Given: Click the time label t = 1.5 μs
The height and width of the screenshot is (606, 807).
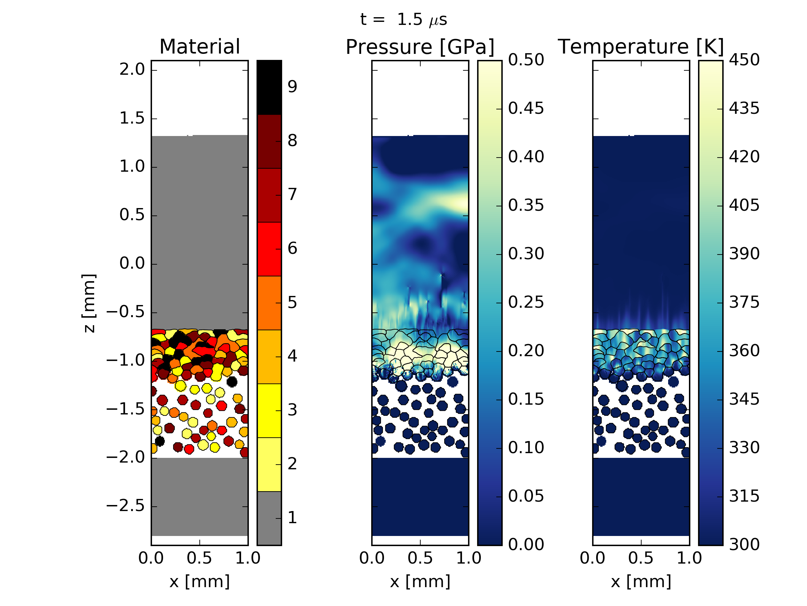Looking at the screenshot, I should click(403, 20).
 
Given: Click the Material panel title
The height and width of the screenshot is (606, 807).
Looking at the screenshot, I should click(199, 47).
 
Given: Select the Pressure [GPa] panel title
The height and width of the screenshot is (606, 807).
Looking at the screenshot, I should click(420, 47).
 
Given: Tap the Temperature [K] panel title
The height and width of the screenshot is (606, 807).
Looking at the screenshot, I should click(641, 47).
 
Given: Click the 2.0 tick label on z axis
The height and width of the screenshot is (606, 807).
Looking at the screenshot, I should click(132, 69).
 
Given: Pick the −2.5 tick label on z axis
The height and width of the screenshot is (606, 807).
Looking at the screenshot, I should click(125, 506).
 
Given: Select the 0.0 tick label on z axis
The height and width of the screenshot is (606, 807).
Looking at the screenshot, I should click(132, 263).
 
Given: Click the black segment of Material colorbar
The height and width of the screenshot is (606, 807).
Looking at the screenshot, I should click(269, 88).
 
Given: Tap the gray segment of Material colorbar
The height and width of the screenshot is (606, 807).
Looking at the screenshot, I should click(269, 518).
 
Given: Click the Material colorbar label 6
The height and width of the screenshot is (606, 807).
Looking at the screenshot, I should click(292, 249).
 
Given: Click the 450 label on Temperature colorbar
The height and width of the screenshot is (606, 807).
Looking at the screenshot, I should click(744, 60).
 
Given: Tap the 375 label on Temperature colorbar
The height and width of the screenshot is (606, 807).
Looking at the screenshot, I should click(744, 302).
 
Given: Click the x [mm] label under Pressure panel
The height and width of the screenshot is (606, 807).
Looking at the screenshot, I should click(420, 581).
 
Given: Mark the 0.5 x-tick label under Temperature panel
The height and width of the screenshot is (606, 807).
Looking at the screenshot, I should click(641, 558).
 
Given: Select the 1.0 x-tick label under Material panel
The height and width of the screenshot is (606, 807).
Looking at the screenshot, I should click(248, 558).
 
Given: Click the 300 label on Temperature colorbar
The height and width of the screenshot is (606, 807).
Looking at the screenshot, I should click(744, 545).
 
